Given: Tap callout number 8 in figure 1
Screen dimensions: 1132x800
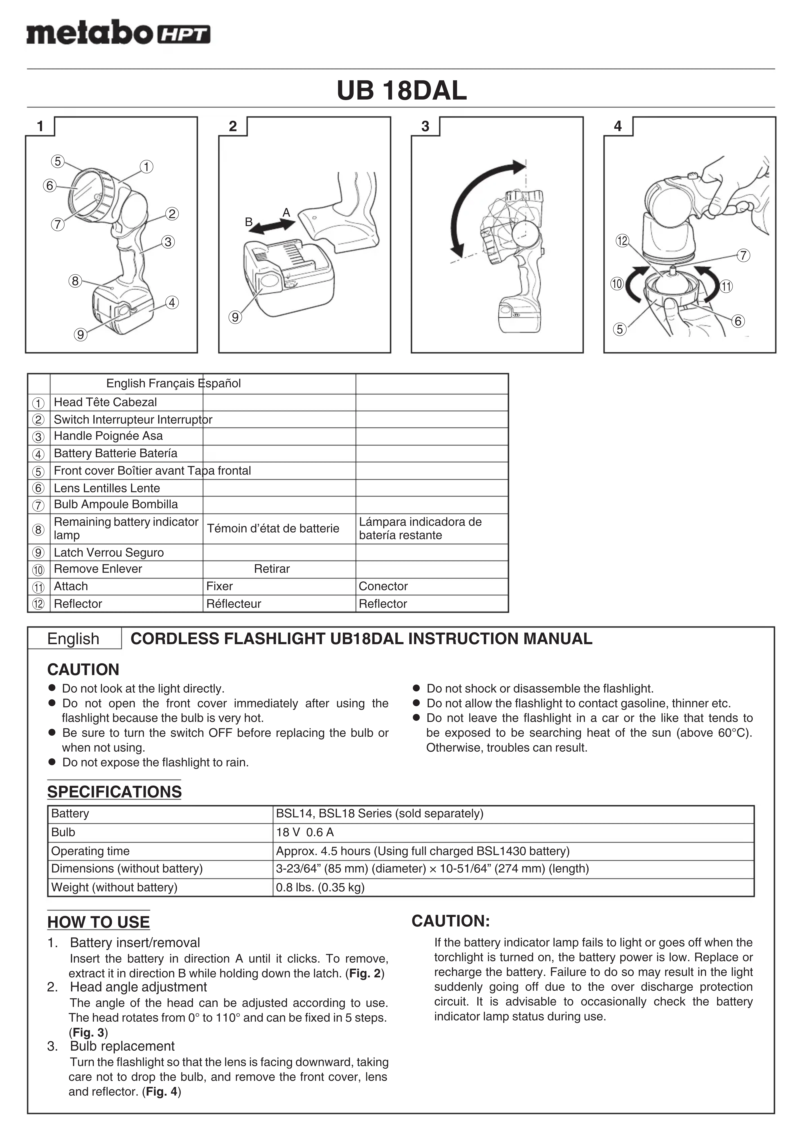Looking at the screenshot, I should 75,281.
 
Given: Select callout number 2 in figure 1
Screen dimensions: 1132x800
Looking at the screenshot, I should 172,214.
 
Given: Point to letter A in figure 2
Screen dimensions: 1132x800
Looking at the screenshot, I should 286,213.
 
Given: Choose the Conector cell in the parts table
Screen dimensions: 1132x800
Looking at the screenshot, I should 383,586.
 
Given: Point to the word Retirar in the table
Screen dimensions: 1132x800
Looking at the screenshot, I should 272,569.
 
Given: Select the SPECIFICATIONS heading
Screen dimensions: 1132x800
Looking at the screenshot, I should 114,791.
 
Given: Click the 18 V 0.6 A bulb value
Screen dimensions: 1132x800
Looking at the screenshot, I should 305,832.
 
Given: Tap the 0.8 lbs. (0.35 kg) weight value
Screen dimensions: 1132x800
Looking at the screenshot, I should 320,888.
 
